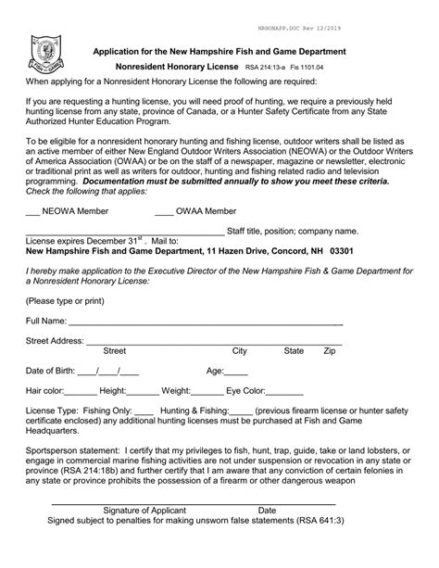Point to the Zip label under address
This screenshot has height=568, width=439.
pos(329,351)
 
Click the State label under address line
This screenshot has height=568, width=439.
pos(294,351)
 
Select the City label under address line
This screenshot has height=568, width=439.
pos(240,351)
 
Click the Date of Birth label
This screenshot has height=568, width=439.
pos(50,372)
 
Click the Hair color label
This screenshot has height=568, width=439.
pos(44,392)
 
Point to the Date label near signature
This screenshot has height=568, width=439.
pos(267,511)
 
